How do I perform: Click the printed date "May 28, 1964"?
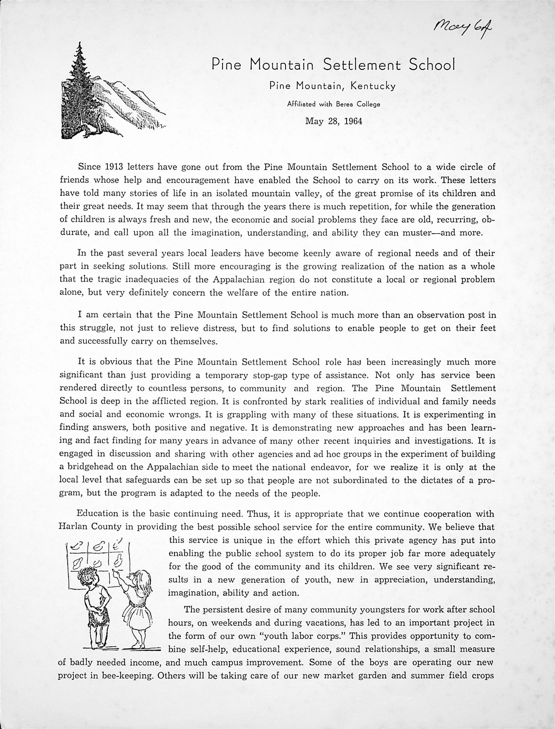(x=334, y=121)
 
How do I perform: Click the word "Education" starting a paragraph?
(x=97, y=514)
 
